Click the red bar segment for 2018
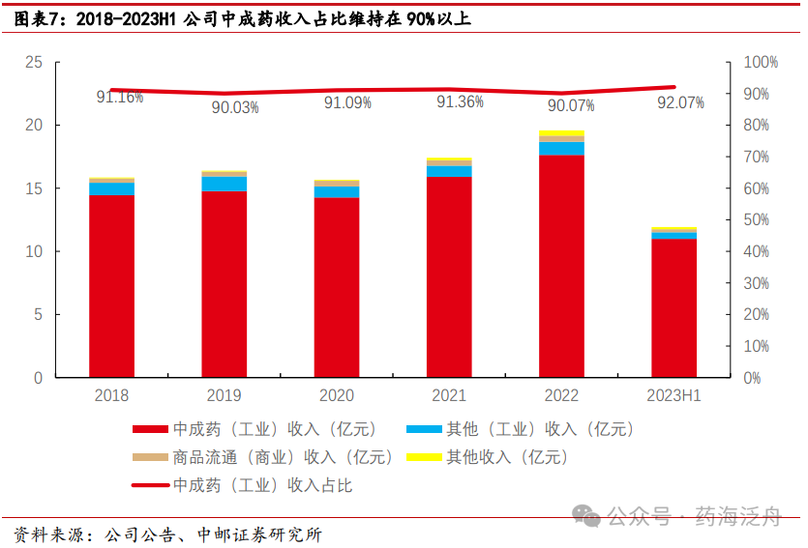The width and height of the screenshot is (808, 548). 111,286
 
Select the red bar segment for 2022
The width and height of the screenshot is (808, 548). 561,266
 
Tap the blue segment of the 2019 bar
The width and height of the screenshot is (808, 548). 224,184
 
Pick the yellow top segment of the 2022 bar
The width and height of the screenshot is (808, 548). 561,133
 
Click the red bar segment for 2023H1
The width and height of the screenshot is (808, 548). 673,308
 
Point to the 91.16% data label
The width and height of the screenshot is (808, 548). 119,97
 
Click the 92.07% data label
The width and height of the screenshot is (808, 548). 680,102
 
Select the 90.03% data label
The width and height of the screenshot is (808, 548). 235,107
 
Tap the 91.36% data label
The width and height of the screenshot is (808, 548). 460,101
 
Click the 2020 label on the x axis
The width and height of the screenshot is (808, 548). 337,395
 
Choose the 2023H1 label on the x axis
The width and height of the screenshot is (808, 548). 673,395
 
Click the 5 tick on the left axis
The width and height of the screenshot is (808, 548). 39,315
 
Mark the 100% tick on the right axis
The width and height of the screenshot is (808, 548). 760,63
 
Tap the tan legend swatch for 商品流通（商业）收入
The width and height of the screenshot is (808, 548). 150,457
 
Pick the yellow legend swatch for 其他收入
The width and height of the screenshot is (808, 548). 423,457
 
